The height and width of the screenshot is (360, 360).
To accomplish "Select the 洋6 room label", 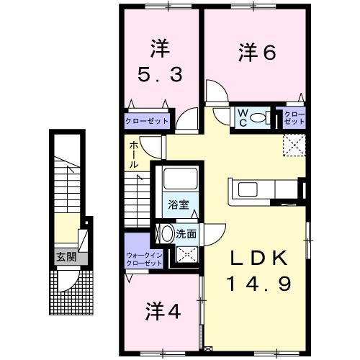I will pyautogui.click(x=257, y=52).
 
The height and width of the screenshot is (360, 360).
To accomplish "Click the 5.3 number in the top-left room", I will pyautogui.click(x=159, y=73).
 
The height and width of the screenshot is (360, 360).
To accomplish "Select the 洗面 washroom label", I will pyautogui.click(x=186, y=234).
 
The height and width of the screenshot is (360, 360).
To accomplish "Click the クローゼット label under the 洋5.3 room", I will pyautogui.click(x=147, y=121).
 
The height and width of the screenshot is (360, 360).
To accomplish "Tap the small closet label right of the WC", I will pyautogui.click(x=294, y=118).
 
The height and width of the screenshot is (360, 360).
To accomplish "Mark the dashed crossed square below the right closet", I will pyautogui.click(x=294, y=145).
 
